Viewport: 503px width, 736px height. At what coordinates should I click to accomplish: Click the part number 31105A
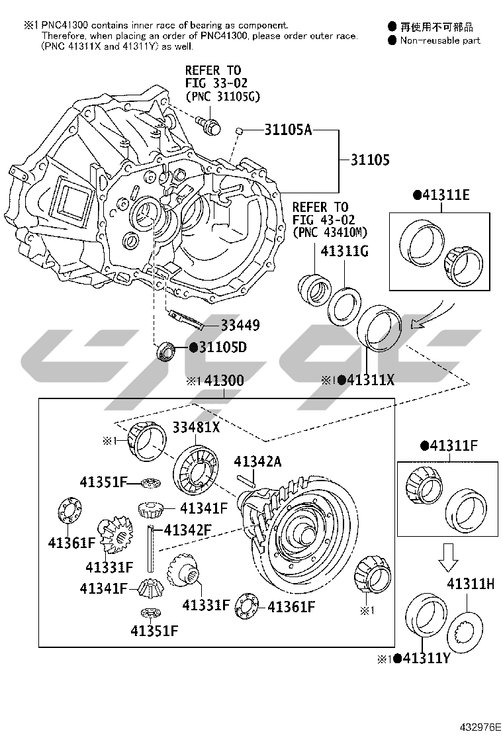pyautogui.click(x=288, y=130)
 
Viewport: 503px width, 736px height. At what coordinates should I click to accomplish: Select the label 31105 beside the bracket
pyautogui.click(x=370, y=160)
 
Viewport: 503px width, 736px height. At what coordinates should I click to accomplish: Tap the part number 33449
pyautogui.click(x=240, y=325)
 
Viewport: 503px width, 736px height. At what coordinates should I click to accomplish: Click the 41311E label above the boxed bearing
pyautogui.click(x=446, y=195)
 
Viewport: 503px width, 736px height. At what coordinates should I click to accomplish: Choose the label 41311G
pyautogui.click(x=344, y=252)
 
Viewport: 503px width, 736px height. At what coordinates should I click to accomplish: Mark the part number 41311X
pyautogui.click(x=371, y=380)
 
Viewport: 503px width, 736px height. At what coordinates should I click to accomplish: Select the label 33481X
pyautogui.click(x=196, y=428)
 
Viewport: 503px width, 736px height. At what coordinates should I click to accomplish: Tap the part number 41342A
pyautogui.click(x=257, y=461)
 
